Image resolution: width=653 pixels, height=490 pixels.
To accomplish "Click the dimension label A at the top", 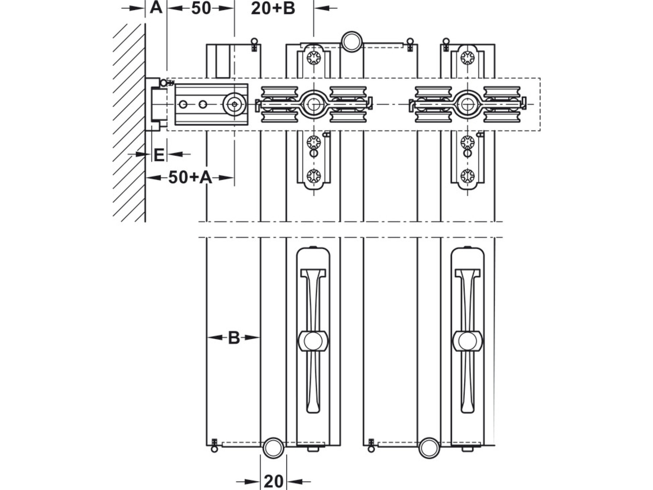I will click(156, 8).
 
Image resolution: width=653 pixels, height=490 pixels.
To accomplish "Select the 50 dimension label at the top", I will click(201, 8).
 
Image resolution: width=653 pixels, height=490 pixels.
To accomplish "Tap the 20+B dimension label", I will click(273, 8).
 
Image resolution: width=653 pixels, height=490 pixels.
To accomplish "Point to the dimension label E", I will click(159, 155).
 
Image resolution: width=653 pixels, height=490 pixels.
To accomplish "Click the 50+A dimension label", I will click(190, 178).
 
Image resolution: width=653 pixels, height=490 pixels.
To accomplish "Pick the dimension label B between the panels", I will click(234, 338).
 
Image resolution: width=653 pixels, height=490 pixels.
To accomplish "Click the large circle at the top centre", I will click(351, 41).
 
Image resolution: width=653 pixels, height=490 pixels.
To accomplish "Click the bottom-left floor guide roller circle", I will click(273, 448).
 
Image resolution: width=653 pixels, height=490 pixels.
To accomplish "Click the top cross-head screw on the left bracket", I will click(313, 57).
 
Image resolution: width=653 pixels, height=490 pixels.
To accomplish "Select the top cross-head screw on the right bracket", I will click(468, 57).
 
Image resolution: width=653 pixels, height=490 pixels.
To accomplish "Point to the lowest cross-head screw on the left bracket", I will click(313, 176).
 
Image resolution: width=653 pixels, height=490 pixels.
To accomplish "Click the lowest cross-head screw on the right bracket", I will click(468, 176).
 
